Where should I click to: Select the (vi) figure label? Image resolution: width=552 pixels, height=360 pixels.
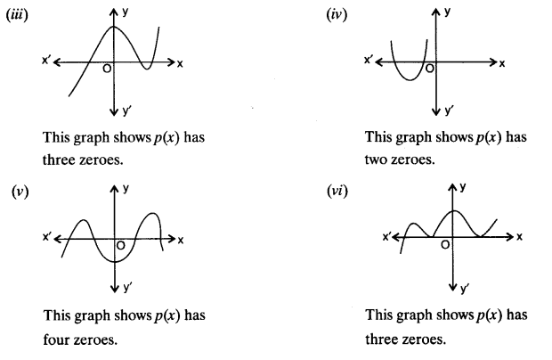point(339,192)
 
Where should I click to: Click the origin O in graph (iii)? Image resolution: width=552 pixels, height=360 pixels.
point(106,70)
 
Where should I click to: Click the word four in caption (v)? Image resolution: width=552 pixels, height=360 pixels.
point(55,340)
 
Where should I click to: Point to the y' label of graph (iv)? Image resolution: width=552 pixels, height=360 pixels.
point(448,111)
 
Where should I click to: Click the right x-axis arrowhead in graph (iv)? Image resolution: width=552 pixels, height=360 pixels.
point(491,62)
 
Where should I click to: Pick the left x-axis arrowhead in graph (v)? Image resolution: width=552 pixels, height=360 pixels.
point(59,240)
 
